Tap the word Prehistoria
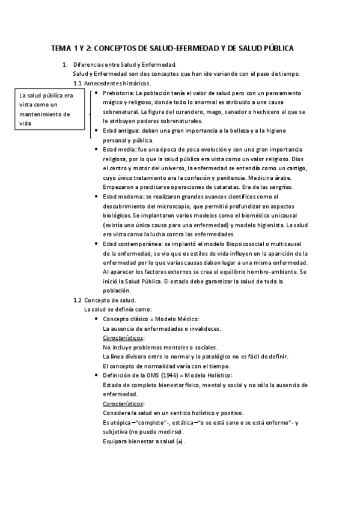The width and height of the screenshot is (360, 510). coord(119,93)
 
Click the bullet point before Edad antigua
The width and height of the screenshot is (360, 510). coord(97,130)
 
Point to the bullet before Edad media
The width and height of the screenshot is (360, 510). coord(97,149)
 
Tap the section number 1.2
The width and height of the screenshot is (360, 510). coord(77,300)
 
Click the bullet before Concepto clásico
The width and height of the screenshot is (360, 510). coord(97,319)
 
